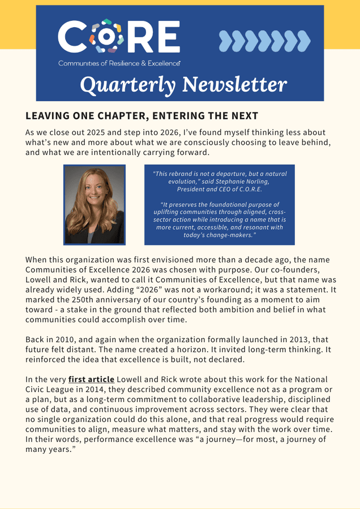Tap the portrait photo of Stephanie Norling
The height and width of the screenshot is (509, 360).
click(x=95, y=205)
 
